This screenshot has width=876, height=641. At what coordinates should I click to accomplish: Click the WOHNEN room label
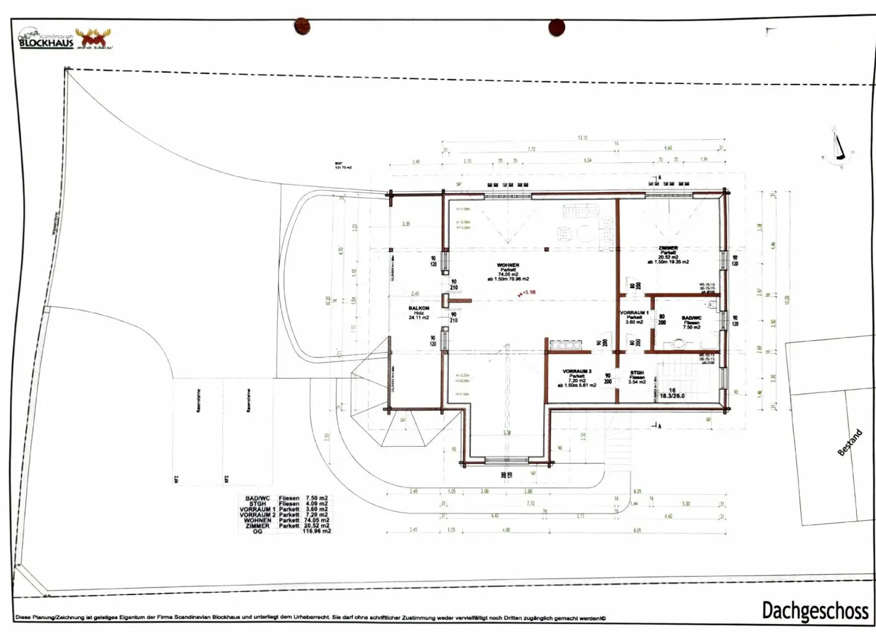click(x=508, y=266)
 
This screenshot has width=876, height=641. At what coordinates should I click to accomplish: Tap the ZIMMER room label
click(x=668, y=248)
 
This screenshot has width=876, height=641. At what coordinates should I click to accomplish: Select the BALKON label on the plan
click(x=419, y=308)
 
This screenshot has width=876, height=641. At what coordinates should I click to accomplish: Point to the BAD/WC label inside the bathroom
click(x=691, y=318)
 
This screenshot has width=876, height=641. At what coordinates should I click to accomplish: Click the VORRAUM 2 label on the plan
click(x=577, y=371)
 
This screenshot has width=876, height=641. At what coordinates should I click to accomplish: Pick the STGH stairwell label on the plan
click(x=637, y=373)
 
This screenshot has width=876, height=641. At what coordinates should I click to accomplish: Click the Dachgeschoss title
click(x=814, y=610)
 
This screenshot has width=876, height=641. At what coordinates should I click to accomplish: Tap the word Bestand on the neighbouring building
click(x=849, y=443)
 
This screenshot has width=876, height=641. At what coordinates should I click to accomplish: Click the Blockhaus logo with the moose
click(x=65, y=39)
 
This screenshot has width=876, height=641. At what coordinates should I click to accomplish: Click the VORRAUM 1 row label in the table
click(x=257, y=509)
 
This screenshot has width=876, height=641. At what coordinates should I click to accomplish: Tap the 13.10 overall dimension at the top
click(x=582, y=138)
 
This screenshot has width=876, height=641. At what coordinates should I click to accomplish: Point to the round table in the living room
click(x=585, y=234)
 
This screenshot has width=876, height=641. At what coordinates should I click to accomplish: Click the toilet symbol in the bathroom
click(x=678, y=344)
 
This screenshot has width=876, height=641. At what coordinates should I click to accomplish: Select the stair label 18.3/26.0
click(x=672, y=395)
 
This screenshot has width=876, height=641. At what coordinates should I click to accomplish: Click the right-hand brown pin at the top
click(x=556, y=27)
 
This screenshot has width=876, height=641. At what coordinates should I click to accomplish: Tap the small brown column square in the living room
click(x=546, y=250)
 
